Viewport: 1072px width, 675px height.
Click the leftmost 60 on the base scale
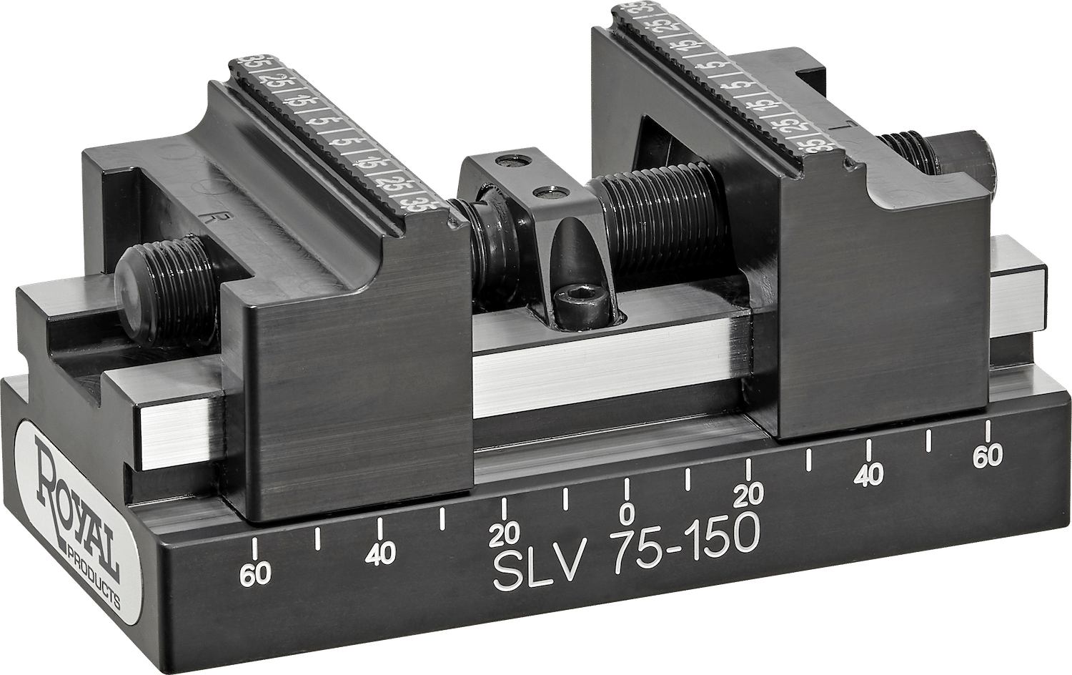[x=256, y=574]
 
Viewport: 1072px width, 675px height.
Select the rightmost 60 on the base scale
[x=988, y=457]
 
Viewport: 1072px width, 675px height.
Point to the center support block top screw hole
[x=512, y=162]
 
